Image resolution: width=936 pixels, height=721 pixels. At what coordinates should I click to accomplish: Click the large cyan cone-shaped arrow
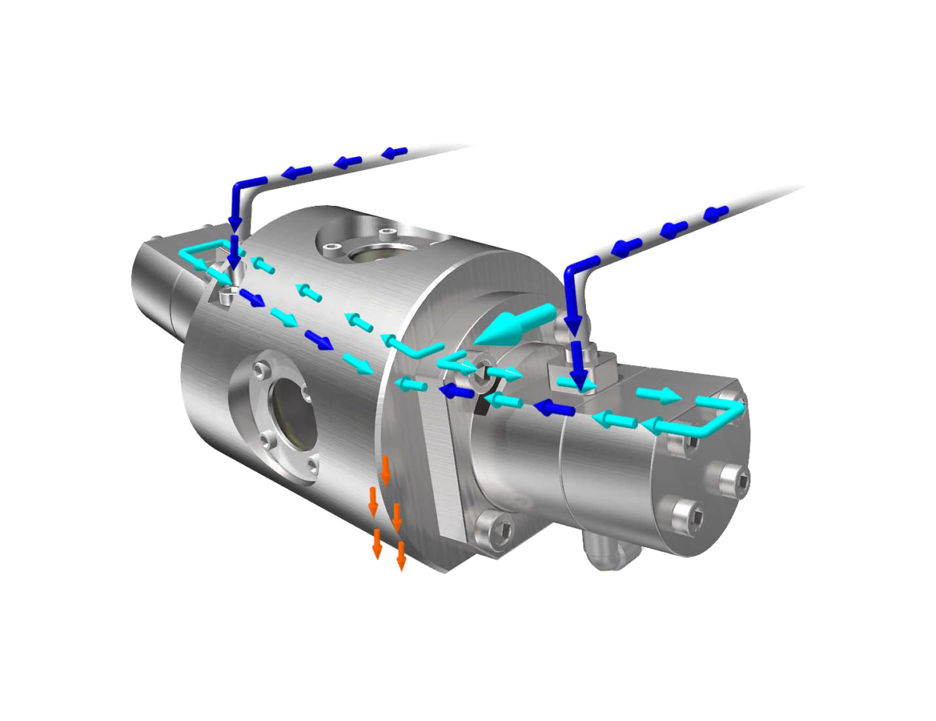511,326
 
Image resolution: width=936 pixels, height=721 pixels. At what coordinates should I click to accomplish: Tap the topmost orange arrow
385,469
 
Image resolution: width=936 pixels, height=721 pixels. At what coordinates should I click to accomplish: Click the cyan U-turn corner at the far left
187,254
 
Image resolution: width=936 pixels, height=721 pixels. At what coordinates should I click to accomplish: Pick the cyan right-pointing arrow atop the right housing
656,395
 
